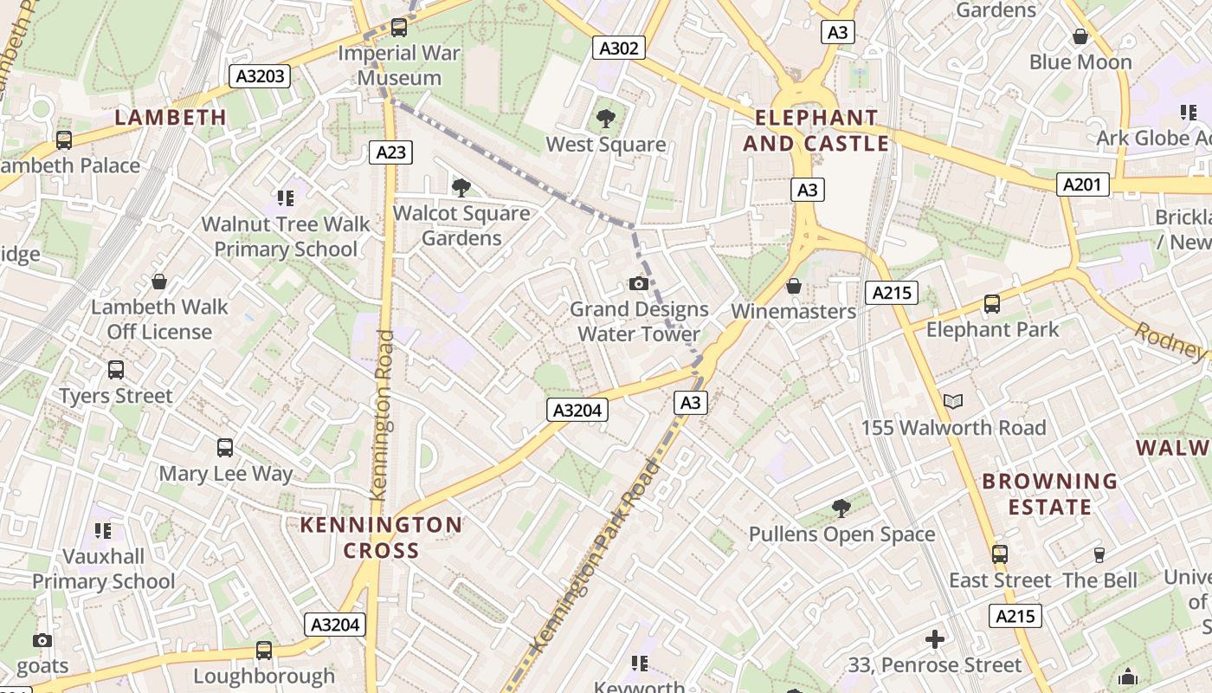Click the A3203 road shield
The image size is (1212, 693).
click(261, 76)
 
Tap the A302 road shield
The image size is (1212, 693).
click(619, 48)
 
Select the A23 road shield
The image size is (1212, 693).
click(390, 152)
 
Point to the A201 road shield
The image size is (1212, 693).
click(1082, 184)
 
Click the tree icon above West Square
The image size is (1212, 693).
click(606, 119)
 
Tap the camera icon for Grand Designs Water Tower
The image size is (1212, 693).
click(639, 283)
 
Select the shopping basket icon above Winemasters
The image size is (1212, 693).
click(793, 286)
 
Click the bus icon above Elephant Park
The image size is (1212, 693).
click(992, 304)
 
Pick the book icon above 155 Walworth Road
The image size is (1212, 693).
click(952, 401)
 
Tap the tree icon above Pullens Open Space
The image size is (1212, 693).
click(841, 508)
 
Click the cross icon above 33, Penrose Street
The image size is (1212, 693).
click(935, 639)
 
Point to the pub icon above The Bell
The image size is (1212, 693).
click(1099, 554)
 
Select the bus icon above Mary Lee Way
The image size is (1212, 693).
click(225, 448)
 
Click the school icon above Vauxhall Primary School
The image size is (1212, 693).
click(103, 530)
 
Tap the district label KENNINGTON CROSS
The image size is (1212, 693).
click(381, 537)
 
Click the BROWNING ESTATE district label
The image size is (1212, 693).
click(1049, 493)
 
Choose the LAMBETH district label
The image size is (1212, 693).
click(171, 117)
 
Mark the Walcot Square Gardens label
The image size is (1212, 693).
click(461, 225)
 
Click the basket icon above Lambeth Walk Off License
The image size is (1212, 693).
click(158, 282)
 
